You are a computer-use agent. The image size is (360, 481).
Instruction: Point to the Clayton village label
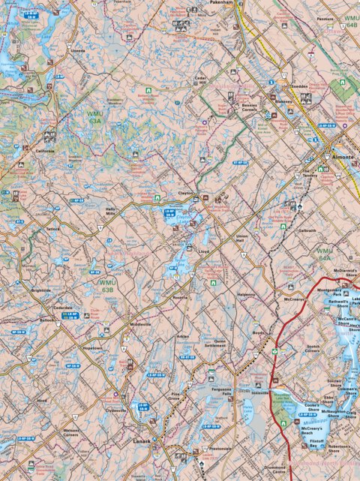[186, 194]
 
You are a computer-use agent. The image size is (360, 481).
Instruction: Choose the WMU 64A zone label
[325, 254]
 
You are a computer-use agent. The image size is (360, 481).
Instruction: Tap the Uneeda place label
[77, 52]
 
